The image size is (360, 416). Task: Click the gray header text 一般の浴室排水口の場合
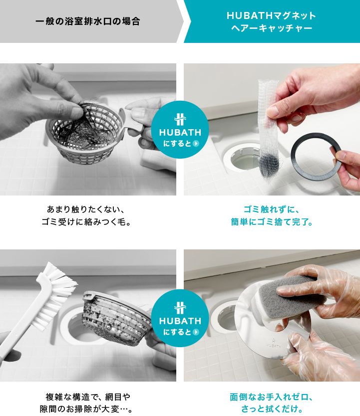click(87, 21)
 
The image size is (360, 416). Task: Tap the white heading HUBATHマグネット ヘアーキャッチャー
click(271, 21)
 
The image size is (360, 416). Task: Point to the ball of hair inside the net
click(269, 166)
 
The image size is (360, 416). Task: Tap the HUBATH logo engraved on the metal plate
click(273, 343)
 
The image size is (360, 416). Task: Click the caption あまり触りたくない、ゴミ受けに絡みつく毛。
click(86, 215)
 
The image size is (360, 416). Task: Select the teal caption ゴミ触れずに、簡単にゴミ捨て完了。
click(272, 215)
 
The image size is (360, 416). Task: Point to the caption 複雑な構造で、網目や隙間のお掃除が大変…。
click(86, 403)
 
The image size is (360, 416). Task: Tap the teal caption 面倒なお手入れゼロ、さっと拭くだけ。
click(272, 403)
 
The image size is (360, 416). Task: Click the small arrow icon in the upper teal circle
click(196, 144)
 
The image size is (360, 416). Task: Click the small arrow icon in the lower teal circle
click(196, 332)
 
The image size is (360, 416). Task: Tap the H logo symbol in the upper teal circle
click(180, 119)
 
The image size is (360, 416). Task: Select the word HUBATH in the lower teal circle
click(180, 321)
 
